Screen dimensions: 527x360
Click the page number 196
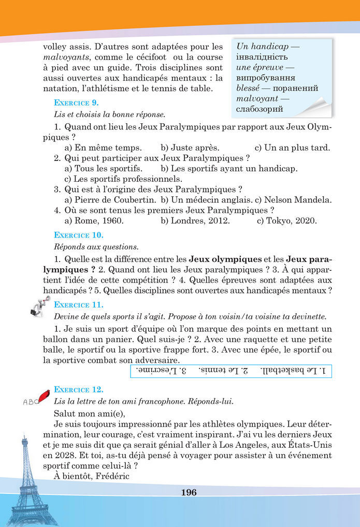click(189, 492)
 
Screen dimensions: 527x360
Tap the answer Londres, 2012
click(199, 221)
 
